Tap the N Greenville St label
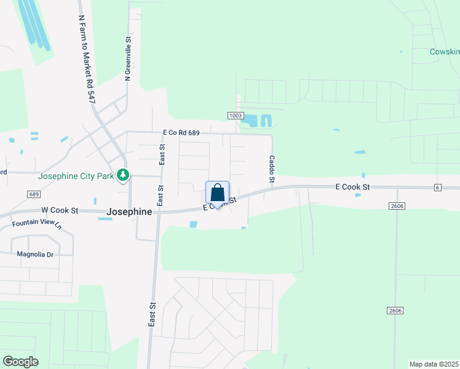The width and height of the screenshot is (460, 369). (129, 58)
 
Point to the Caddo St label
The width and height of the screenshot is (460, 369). (271, 169)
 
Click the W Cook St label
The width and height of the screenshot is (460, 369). (60, 210)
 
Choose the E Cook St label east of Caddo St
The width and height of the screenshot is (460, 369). (352, 186)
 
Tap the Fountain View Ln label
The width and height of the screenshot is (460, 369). (37, 224)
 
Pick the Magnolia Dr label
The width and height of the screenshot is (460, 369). (35, 254)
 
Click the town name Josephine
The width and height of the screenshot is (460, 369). (129, 212)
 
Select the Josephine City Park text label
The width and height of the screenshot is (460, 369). (76, 176)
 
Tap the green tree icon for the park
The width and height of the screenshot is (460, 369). (123, 175)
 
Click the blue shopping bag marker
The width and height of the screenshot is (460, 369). (217, 192)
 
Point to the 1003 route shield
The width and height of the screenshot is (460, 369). (235, 116)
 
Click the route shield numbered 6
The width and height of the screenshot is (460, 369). (437, 188)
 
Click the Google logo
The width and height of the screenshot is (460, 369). (20, 362)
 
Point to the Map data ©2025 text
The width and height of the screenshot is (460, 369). (434, 364)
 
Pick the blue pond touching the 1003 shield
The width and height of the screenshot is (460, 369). (249, 121)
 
